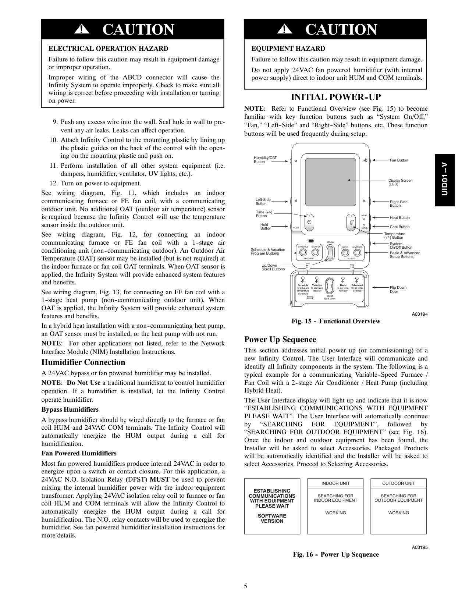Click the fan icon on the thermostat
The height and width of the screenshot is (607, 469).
(365, 160)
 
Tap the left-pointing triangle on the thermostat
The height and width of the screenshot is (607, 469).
(296, 201)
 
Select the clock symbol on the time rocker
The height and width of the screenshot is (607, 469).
(309, 222)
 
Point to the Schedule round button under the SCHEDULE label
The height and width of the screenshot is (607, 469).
(303, 252)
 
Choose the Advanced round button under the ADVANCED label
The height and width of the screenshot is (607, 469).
(357, 252)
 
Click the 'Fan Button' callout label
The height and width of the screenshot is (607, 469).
(399, 160)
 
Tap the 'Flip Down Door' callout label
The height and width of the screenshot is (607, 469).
(398, 290)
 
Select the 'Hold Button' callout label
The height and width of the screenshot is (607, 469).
(265, 227)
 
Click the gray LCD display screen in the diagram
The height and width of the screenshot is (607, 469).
(331, 180)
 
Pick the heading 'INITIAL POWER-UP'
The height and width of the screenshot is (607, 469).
(335, 97)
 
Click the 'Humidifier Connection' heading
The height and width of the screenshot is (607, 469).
(83, 362)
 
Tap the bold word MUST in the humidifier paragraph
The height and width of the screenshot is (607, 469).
(159, 480)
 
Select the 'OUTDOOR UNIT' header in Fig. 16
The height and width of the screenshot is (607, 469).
(398, 483)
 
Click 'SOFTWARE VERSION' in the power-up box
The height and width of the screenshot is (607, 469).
(272, 518)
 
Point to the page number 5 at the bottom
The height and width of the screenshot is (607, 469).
(245, 586)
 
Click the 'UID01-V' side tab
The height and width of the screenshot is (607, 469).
(445, 180)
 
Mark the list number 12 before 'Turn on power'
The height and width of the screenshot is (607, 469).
(53, 184)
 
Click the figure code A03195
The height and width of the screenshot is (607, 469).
(419, 547)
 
